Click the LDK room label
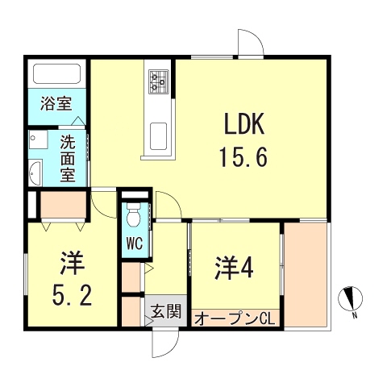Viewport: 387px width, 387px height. pyautogui.click(x=244, y=124)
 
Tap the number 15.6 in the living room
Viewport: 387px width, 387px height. pyautogui.click(x=243, y=157)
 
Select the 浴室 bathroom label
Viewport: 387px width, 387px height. pyautogui.click(x=56, y=104)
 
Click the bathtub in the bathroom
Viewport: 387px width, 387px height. pyautogui.click(x=56, y=73)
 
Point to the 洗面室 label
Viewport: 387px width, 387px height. pyautogui.click(x=68, y=159)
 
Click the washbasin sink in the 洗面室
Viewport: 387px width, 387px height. pyautogui.click(x=35, y=173)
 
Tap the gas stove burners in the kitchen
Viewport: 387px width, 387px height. pyautogui.click(x=159, y=81)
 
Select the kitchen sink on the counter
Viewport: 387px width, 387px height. pyautogui.click(x=158, y=136)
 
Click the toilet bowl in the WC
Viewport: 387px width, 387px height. pyautogui.click(x=133, y=214)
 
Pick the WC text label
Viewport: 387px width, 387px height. pyautogui.click(x=135, y=243)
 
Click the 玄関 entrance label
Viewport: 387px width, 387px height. pyautogui.click(x=166, y=312)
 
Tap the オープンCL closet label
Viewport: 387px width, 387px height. pyautogui.click(x=235, y=319)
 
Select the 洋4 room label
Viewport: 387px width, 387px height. pyautogui.click(x=234, y=268)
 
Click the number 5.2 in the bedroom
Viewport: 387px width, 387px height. pyautogui.click(x=73, y=295)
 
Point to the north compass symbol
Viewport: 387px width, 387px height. pyautogui.click(x=350, y=298)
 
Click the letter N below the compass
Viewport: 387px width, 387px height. pyautogui.click(x=355, y=315)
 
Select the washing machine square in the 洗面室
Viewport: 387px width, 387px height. pyautogui.click(x=38, y=139)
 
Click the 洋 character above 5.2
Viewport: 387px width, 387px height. pyautogui.click(x=73, y=263)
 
